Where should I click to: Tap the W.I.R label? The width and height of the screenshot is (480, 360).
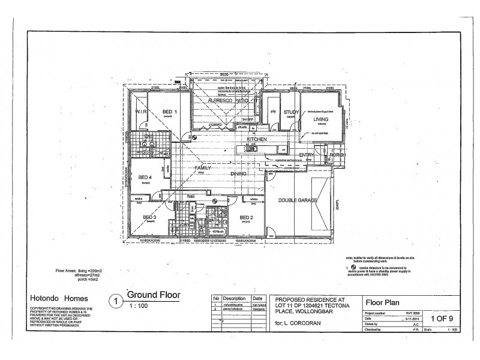pos(141,112)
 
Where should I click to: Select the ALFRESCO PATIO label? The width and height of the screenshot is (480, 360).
pos(224,103)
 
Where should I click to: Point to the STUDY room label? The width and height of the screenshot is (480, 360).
pos(292,112)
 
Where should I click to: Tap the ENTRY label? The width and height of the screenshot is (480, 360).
pos(307,155)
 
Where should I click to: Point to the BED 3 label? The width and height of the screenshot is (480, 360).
pos(149,217)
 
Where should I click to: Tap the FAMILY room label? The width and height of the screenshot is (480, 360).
pos(203,168)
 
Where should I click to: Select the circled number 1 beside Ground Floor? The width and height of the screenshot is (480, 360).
pos(115,299)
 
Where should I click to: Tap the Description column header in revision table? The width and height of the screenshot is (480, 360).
pos(235,298)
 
